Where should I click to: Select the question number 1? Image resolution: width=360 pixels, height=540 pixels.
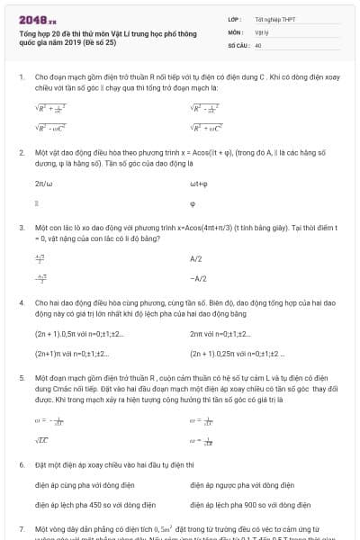coord(21,78)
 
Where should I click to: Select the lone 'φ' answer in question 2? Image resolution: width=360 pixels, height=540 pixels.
coord(193,204)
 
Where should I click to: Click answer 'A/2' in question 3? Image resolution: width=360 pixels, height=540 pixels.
coord(196,259)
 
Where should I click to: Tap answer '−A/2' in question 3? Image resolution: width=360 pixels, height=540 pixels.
coord(198,278)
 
